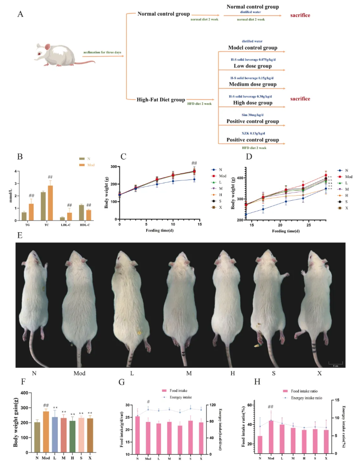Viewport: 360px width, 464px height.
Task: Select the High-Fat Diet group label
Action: click(x=161, y=99)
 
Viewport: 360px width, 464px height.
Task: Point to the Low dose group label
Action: click(x=252, y=66)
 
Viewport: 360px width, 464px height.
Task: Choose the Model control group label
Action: click(x=252, y=48)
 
